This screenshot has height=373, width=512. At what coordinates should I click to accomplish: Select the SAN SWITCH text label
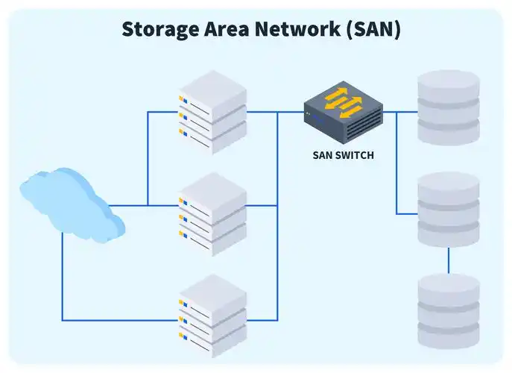[x=343, y=156]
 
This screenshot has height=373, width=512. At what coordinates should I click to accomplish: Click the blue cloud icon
[x=71, y=203]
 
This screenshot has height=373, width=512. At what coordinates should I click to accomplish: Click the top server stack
[x=212, y=112]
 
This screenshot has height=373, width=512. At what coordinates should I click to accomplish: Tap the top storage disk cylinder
[x=448, y=107]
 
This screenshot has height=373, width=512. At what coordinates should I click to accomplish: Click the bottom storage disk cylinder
[x=448, y=311]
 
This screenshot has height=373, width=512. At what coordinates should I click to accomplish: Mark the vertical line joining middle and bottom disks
[x=448, y=260]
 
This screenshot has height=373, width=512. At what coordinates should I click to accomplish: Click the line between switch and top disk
[x=399, y=112]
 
